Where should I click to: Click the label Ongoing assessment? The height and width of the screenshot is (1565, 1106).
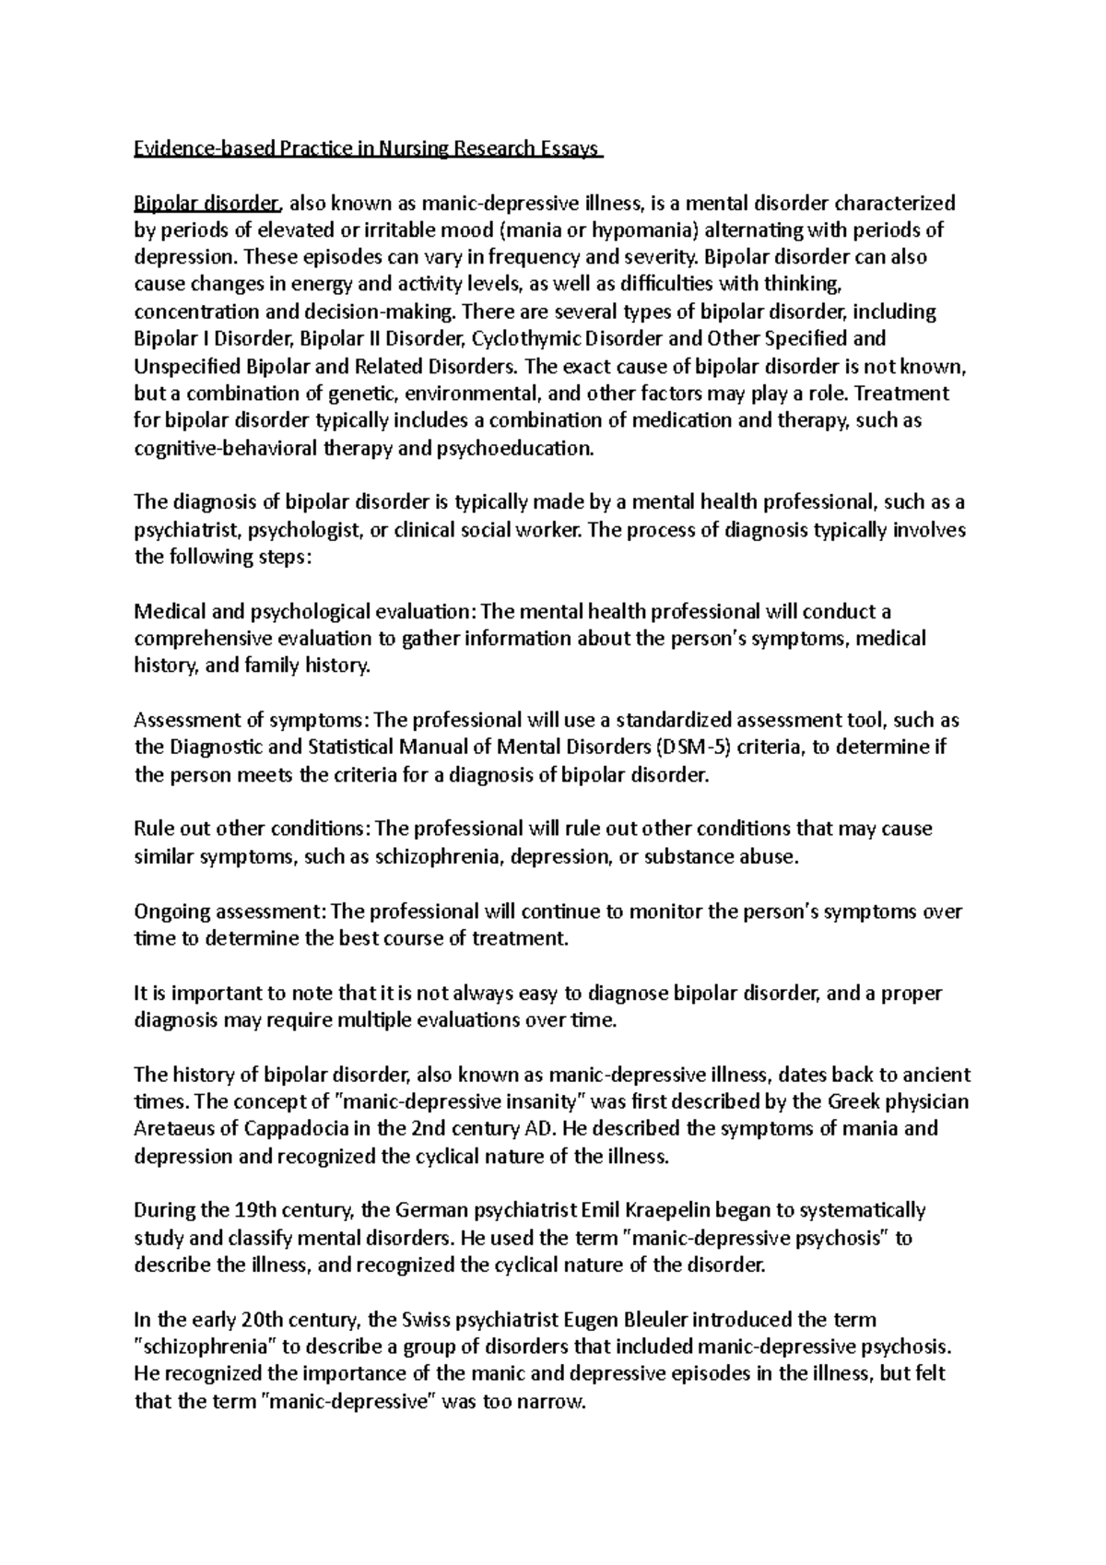[229, 912]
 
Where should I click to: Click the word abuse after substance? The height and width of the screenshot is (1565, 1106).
[766, 856]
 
